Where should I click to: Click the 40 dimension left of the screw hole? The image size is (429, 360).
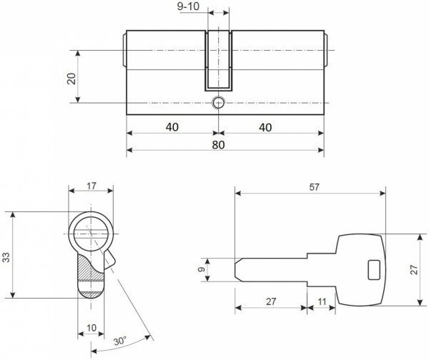pos(172,126)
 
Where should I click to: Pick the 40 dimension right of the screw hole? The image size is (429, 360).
pos(265,126)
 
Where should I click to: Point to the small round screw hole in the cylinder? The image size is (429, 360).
pos(220,104)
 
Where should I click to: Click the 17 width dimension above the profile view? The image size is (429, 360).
pos(92,187)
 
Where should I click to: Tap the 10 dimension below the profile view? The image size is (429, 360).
pos(92,328)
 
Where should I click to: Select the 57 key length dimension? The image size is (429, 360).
pos(314,186)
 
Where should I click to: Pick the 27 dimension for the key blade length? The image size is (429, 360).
pos(271,302)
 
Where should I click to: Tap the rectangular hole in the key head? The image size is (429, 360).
pos(373,270)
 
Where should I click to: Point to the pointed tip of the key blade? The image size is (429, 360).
pos(238,270)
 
